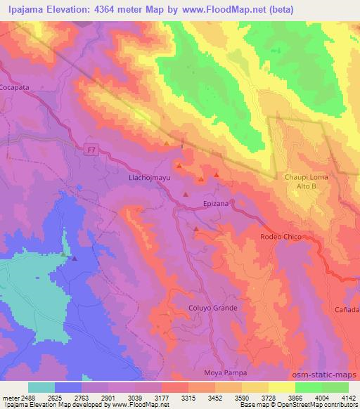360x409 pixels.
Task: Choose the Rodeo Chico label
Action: coord(281,237)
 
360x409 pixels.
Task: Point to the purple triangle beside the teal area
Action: coord(75,258)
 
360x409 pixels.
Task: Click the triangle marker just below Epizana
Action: coord(196,228)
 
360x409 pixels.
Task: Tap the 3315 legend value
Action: coord(187,398)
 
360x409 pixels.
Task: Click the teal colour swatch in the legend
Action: coord(41,387)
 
